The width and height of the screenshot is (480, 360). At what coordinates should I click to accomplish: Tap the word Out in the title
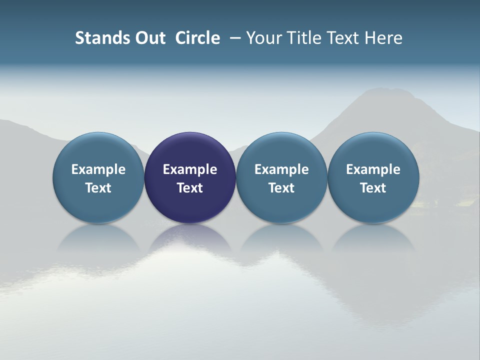point(150,38)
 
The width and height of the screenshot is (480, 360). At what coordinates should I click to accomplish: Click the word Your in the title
point(264,38)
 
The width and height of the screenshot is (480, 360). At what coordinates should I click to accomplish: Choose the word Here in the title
point(384,38)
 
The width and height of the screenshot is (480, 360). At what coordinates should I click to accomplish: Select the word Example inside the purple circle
point(190,169)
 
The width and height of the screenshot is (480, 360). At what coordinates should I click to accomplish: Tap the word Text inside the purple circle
point(190,188)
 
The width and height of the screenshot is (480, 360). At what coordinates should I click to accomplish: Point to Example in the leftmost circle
point(98,169)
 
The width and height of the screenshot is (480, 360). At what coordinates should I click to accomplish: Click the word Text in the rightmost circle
point(373,188)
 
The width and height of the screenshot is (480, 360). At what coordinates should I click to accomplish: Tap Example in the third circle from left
point(281,169)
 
